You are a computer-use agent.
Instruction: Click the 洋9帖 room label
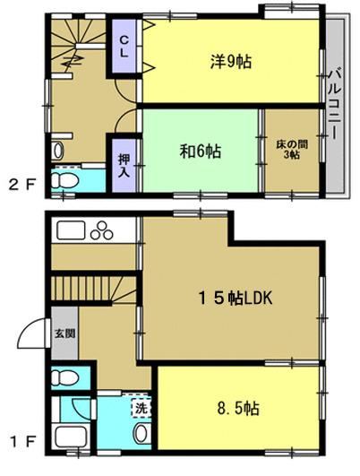(x=231, y=62)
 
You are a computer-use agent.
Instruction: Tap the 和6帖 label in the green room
(x=201, y=151)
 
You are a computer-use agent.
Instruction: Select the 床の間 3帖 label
(x=292, y=149)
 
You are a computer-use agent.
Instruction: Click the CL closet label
(x=124, y=47)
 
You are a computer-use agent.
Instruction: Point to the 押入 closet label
(x=124, y=165)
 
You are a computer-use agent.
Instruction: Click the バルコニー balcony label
(x=336, y=104)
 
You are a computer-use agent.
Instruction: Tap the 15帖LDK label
(x=235, y=299)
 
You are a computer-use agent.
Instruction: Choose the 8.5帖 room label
(x=238, y=409)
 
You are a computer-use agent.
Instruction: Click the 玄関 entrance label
(x=64, y=333)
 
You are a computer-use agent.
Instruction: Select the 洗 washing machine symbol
(x=141, y=408)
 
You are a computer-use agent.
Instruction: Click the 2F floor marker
(x=21, y=185)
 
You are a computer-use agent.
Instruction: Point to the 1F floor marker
(x=21, y=442)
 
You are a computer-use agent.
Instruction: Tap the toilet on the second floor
(x=64, y=180)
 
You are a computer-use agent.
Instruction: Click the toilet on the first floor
(x=64, y=378)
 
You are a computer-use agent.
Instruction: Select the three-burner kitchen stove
(x=101, y=231)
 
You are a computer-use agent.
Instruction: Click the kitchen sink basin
(x=71, y=230)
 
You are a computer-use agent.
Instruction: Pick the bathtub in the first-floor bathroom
(x=71, y=438)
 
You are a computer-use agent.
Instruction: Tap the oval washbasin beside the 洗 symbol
(x=141, y=433)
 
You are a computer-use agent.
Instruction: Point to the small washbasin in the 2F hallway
(x=57, y=151)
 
